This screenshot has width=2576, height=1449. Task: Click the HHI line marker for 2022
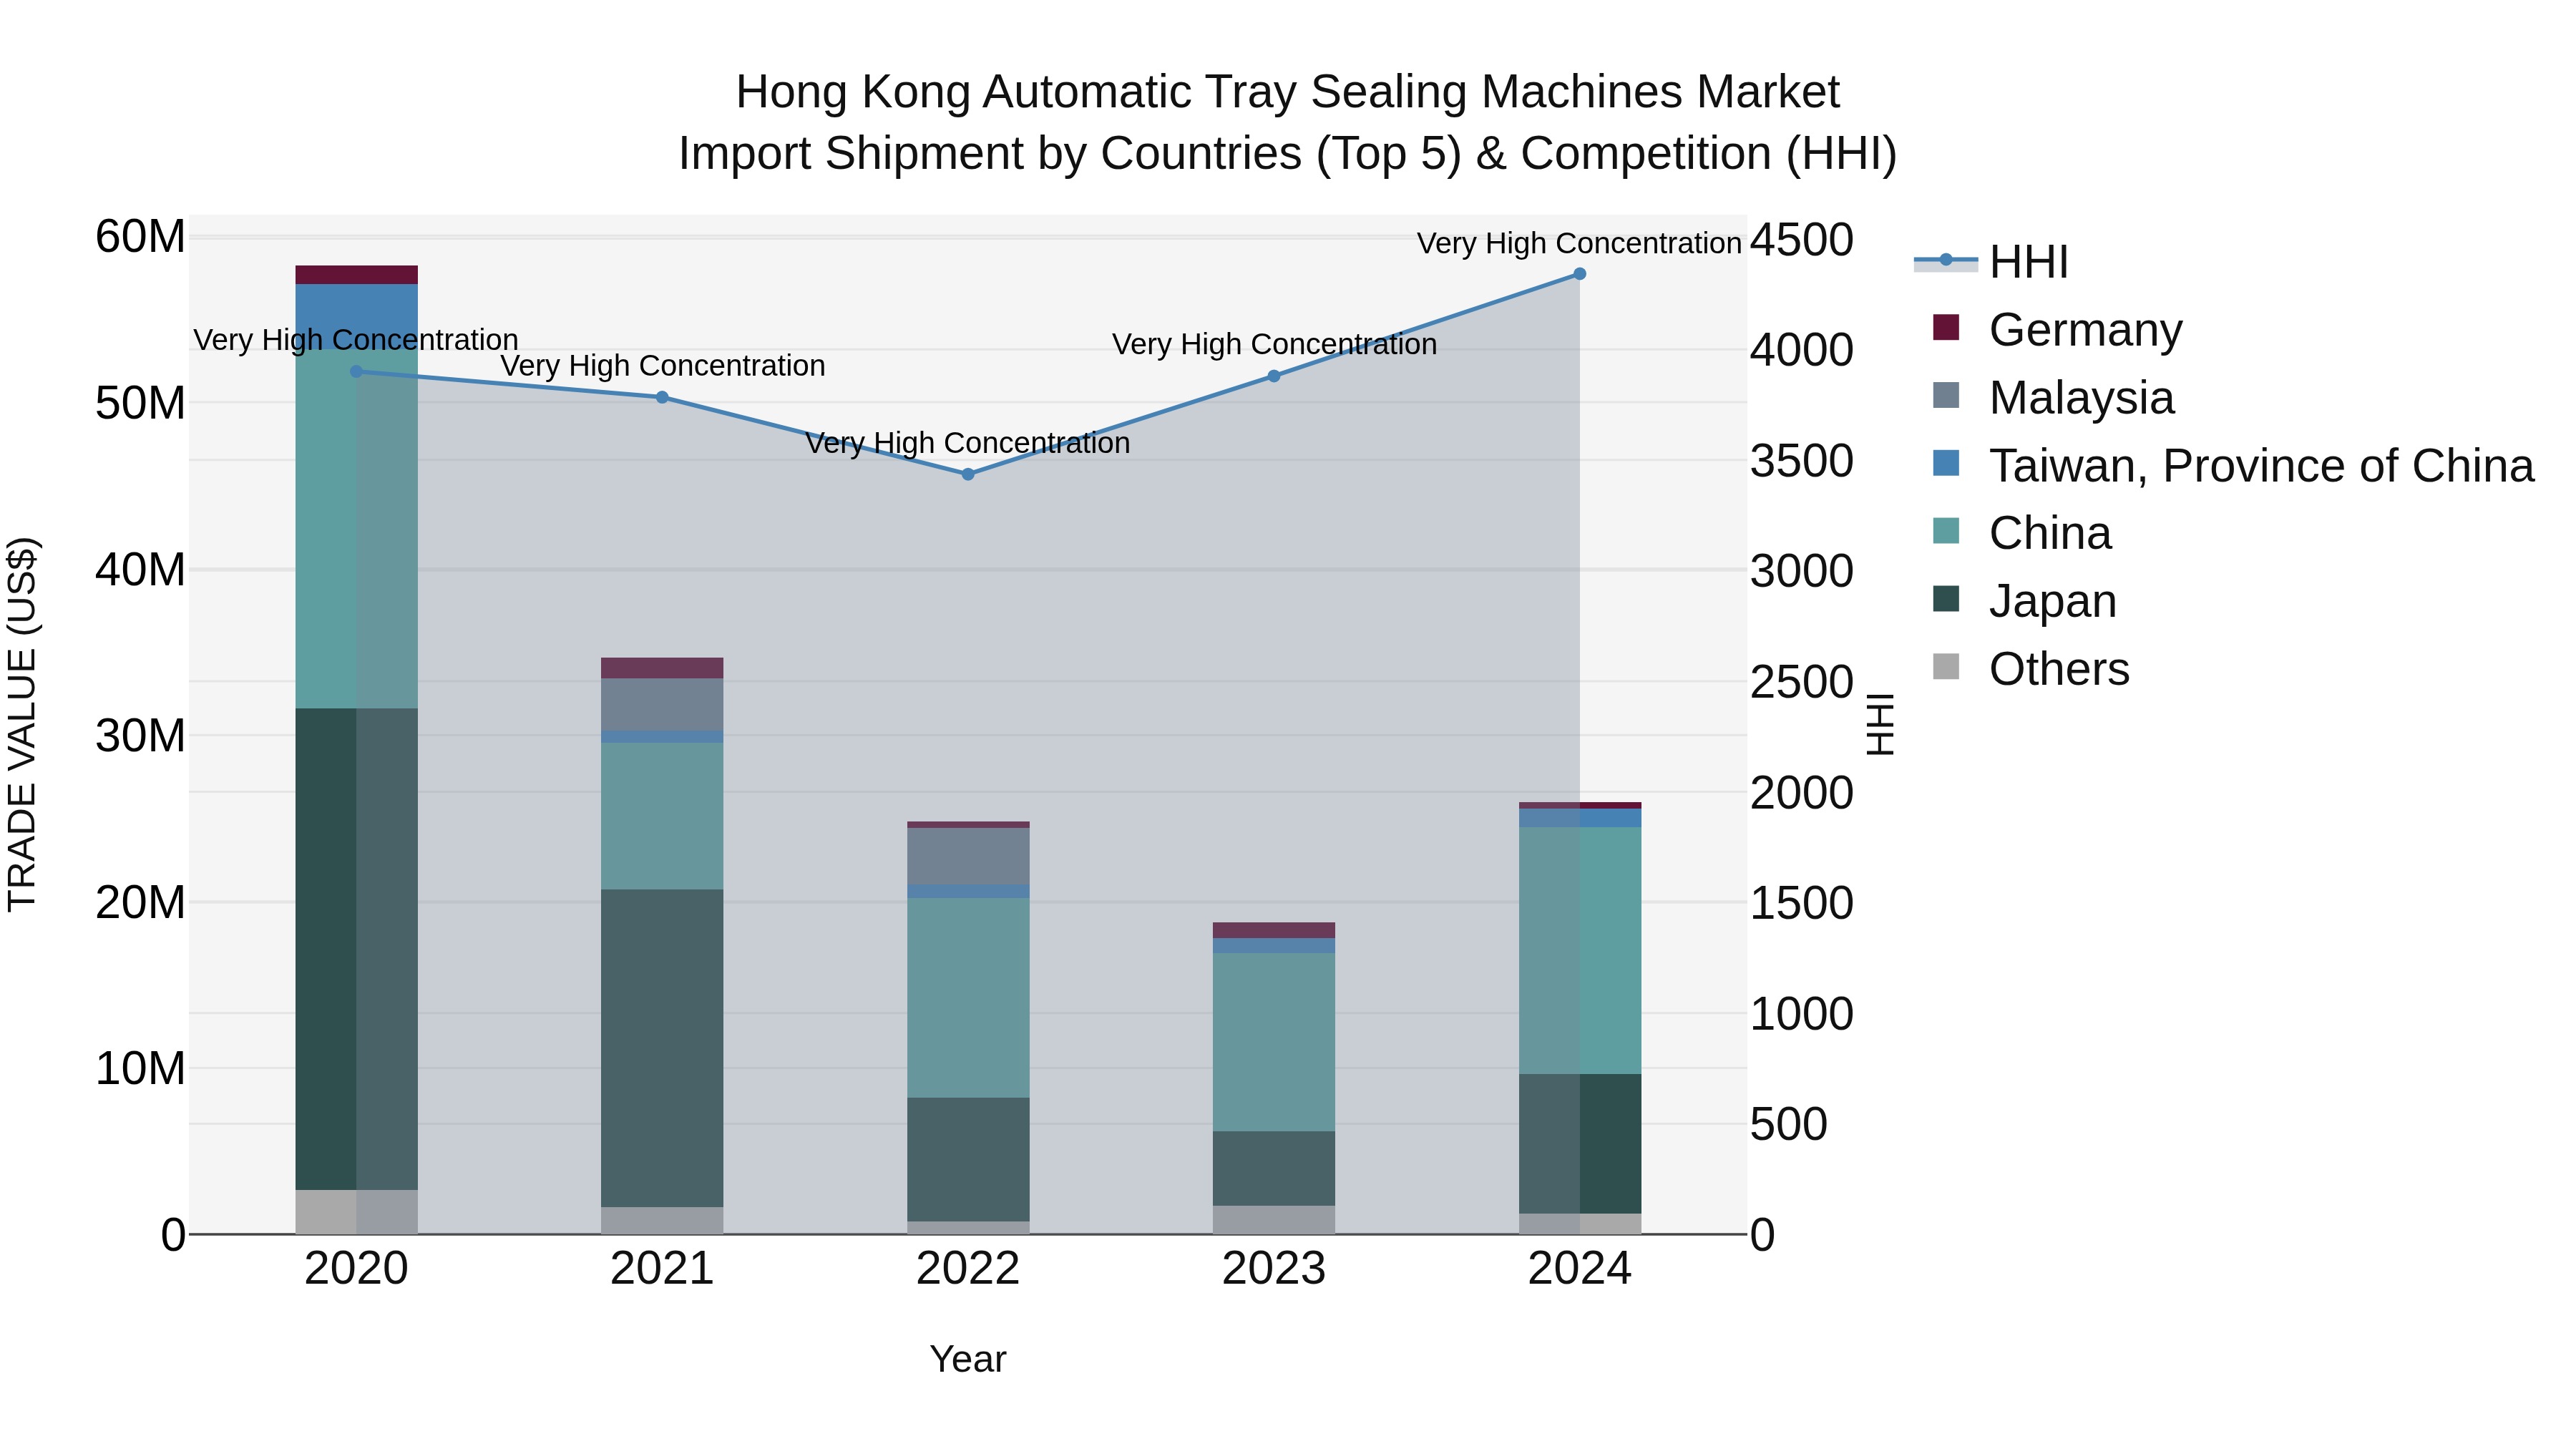pyautogui.click(x=968, y=474)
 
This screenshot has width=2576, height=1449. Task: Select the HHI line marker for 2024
pyautogui.click(x=1580, y=274)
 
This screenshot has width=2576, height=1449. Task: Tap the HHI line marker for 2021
pyautogui.click(x=662, y=397)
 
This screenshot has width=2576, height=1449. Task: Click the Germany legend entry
pyautogui.click(x=2085, y=330)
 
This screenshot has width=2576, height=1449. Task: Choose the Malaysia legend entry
pyautogui.click(x=2081, y=398)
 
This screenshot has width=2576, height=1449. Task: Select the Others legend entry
pyautogui.click(x=2059, y=669)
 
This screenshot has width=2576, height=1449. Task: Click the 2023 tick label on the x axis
pyautogui.click(x=1273, y=1269)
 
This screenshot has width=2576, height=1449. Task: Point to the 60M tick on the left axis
pyautogui.click(x=140, y=238)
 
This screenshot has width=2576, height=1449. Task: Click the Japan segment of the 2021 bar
pyautogui.click(x=662, y=1048)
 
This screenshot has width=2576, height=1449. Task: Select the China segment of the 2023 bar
pyautogui.click(x=1273, y=1042)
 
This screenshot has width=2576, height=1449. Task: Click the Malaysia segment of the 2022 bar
pyautogui.click(x=968, y=856)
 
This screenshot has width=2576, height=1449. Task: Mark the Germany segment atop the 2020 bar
pyautogui.click(x=356, y=275)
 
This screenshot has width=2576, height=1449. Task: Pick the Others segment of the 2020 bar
pyautogui.click(x=356, y=1212)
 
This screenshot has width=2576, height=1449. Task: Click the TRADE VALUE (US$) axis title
pyautogui.click(x=22, y=724)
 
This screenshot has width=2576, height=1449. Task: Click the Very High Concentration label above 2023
pyautogui.click(x=1273, y=344)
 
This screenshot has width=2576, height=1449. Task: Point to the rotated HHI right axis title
pyautogui.click(x=1880, y=724)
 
